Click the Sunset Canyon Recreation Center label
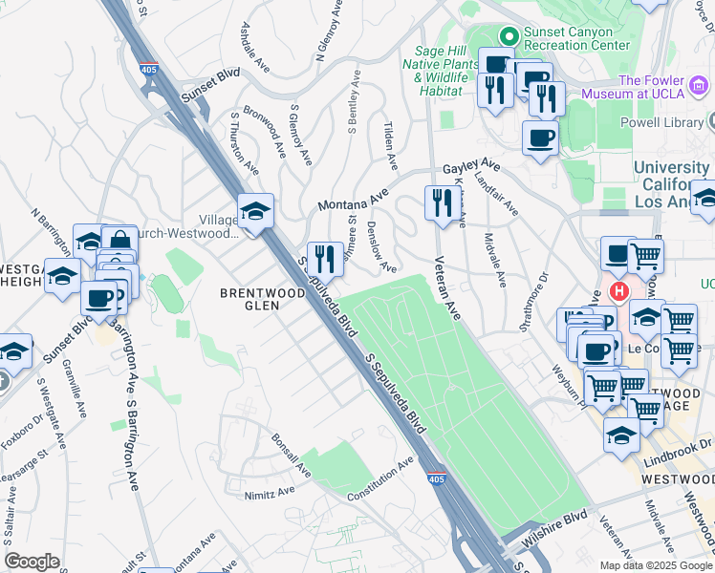pos(572,37)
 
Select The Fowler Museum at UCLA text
pos(666,89)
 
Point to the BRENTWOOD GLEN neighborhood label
pos(249,299)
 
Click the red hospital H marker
pos(619,290)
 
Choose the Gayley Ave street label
pos(471,166)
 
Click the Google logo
pos(32,561)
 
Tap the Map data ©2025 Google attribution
pos(656,565)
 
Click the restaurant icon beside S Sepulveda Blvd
pos(325,258)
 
